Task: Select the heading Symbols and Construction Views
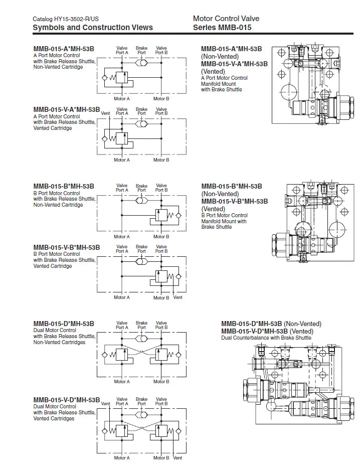pyautogui.click(x=93, y=28)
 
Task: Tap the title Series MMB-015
pyautogui.click(x=222, y=28)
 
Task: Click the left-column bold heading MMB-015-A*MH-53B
pyautogui.click(x=64, y=49)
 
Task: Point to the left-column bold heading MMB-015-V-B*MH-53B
pyautogui.click(x=67, y=247)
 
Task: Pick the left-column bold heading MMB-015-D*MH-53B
pyautogui.click(x=64, y=324)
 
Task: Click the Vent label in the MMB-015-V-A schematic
pyautogui.click(x=105, y=113)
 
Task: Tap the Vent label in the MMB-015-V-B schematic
pyautogui.click(x=178, y=297)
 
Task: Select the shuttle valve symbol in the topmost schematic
pyautogui.click(x=141, y=63)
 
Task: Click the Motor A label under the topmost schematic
pyautogui.click(x=122, y=99)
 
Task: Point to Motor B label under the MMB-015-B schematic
pyautogui.click(x=161, y=237)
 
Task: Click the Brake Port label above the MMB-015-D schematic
pyautogui.click(x=142, y=326)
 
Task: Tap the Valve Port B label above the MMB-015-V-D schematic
pyautogui.click(x=161, y=401)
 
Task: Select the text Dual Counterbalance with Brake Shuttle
pyautogui.click(x=266, y=338)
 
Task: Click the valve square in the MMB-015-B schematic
pyautogui.click(x=161, y=215)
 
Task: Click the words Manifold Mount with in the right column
pyautogui.click(x=224, y=222)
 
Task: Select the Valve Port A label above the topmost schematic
pyautogui.click(x=122, y=51)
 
